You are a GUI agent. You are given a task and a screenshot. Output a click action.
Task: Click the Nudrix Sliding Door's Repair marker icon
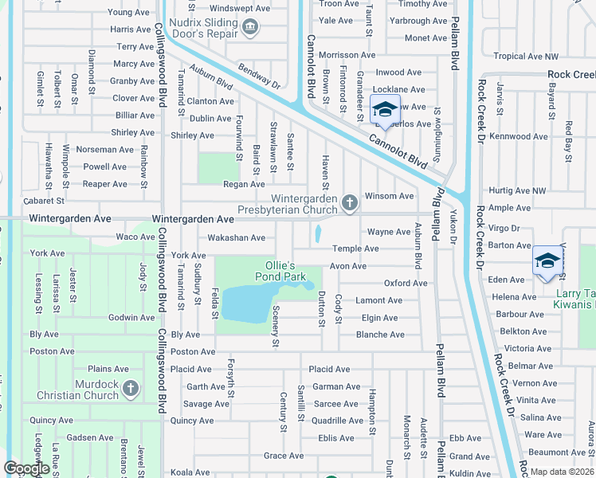[x=251, y=28]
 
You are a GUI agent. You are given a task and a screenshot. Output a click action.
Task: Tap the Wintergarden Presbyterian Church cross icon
[x=349, y=204]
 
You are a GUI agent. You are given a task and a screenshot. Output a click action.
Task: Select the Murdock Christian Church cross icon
[x=131, y=390]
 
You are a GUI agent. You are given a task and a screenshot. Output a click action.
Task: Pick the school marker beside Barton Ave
[x=547, y=261]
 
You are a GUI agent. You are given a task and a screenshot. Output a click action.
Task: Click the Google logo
[x=26, y=468]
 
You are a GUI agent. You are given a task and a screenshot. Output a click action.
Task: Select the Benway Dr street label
[x=258, y=77]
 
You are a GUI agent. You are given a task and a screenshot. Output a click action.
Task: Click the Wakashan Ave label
[x=236, y=237]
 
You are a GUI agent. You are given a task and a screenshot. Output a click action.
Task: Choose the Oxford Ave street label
[x=406, y=283]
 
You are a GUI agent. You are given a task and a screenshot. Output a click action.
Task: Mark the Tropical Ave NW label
[x=527, y=57]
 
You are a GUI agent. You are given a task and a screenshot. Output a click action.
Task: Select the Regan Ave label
[x=244, y=184]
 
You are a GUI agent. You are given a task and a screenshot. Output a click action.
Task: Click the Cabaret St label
[x=44, y=201]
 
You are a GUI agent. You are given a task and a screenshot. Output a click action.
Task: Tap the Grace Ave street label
[x=284, y=456]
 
